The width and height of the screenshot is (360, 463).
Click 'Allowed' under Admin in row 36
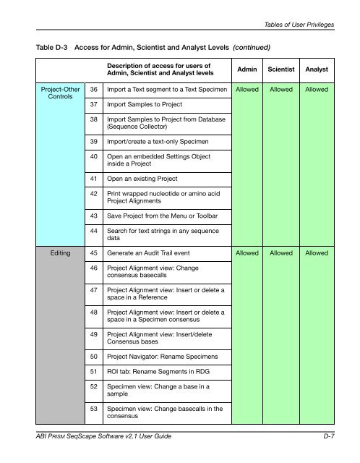click(x=249, y=90)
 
